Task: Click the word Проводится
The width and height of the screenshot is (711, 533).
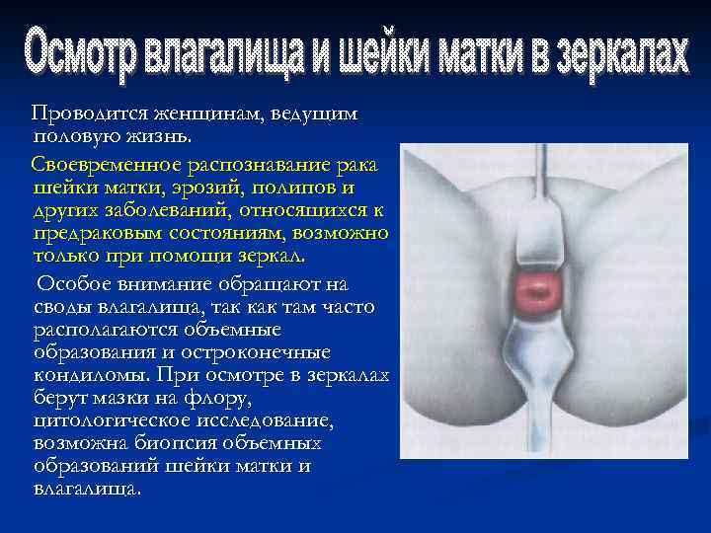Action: coord(84,114)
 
